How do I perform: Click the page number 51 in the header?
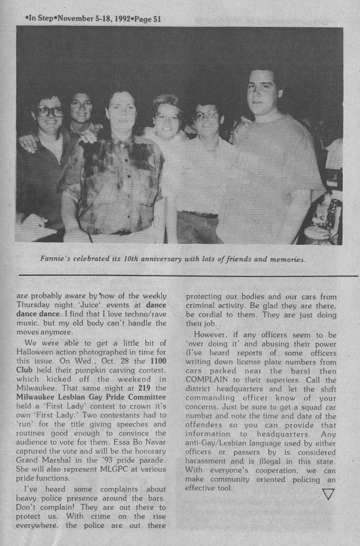point(155,19)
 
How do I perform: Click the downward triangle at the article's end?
point(328,493)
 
